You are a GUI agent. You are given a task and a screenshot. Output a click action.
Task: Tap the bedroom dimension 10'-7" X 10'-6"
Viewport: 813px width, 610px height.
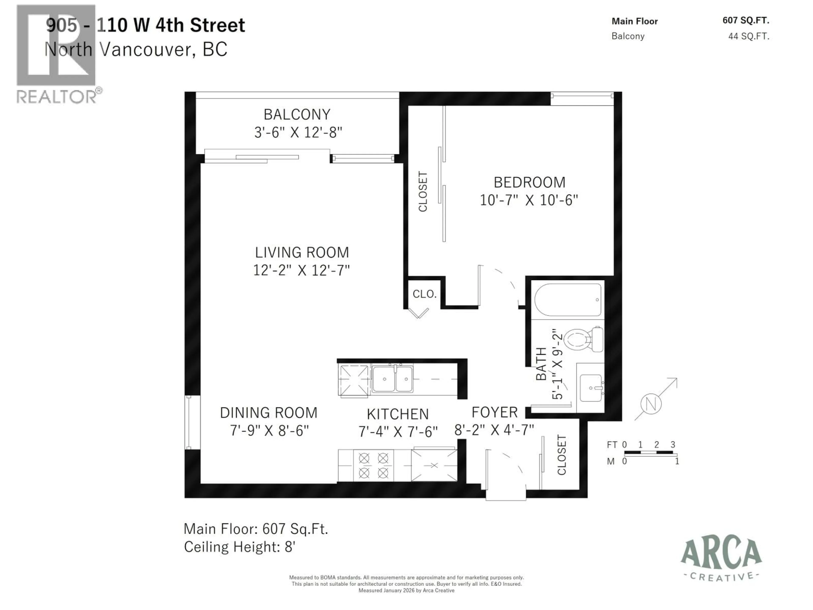tap(529, 200)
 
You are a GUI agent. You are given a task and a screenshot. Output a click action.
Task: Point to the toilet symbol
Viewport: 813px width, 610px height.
tap(583, 339)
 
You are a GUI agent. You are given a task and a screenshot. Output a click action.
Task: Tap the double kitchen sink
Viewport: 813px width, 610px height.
tap(393, 379)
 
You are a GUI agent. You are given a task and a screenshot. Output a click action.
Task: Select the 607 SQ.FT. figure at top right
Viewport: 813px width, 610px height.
tap(745, 21)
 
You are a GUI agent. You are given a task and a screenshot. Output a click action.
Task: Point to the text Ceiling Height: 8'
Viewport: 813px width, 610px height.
tap(240, 547)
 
